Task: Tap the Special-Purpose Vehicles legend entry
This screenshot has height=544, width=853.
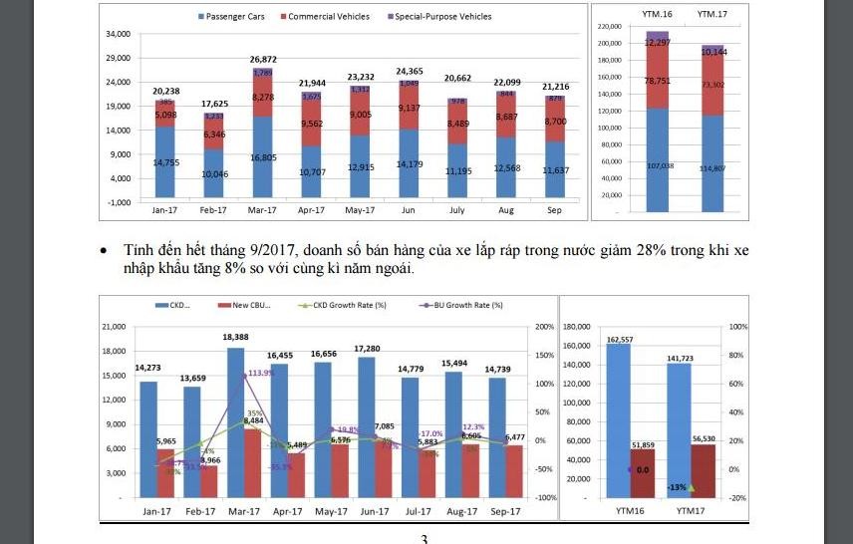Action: (442, 16)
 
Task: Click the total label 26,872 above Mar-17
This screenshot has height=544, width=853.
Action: (264, 60)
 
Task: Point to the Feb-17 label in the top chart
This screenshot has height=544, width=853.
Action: (213, 210)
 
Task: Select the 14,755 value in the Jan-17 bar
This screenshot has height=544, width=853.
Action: (165, 162)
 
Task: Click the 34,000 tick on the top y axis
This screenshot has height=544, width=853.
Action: (118, 34)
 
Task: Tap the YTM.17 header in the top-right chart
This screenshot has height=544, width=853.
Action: (711, 15)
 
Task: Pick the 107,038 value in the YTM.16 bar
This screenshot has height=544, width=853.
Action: (657, 165)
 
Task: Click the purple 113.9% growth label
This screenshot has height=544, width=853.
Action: (262, 373)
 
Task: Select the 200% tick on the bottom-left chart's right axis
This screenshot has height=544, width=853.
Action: (544, 327)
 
